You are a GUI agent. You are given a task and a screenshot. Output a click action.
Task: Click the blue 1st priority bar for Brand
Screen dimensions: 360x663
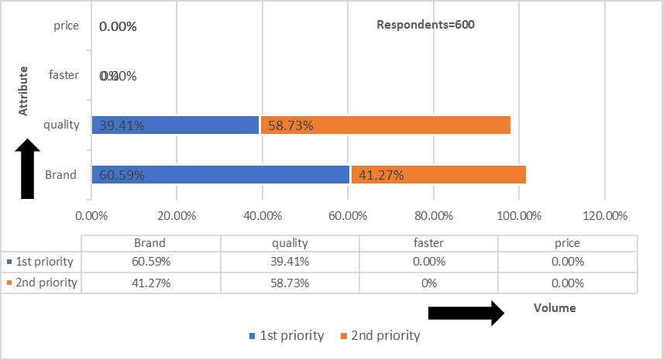pos(221,174)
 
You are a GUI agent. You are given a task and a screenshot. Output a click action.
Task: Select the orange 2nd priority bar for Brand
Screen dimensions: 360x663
pos(438,174)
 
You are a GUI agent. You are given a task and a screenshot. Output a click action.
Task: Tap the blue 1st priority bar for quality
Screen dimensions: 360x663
pos(175,125)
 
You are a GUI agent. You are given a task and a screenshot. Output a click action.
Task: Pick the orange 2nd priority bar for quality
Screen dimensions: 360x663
pos(385,125)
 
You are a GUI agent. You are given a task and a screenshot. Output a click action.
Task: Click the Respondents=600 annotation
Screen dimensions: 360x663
pos(425,24)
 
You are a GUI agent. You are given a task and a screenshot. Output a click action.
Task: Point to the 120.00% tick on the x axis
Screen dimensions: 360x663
pos(603,215)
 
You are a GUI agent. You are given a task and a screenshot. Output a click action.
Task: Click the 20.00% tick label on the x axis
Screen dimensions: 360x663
pos(177,215)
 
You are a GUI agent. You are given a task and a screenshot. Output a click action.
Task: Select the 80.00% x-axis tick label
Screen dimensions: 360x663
pos(433,215)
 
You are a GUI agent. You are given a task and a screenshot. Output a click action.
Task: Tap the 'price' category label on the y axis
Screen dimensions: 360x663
pos(67,26)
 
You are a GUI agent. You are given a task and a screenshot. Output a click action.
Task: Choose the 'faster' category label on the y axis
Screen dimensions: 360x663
pos(64,75)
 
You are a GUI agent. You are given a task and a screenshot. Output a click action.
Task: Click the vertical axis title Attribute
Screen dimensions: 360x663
pos(24,91)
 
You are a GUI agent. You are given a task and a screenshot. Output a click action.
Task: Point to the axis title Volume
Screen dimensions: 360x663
pos(555,307)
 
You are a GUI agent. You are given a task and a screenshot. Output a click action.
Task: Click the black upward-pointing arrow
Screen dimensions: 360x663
pos(27,169)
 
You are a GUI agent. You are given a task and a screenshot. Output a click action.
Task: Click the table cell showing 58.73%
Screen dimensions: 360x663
pos(289,283)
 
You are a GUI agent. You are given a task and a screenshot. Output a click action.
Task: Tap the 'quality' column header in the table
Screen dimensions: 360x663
pos(289,242)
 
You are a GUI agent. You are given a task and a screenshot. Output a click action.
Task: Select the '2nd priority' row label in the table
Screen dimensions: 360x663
pos(46,283)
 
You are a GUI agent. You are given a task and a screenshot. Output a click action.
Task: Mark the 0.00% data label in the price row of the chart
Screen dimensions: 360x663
pos(118,26)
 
